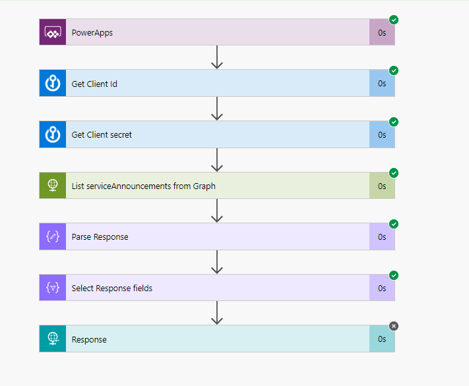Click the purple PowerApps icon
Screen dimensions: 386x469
click(53, 32)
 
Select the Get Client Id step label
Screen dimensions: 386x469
click(94, 84)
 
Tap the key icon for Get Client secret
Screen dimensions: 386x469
click(53, 134)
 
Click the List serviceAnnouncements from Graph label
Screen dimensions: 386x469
click(143, 186)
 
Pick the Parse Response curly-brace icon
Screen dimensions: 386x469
click(53, 237)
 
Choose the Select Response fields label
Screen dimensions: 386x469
click(112, 288)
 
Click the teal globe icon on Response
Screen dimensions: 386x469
click(53, 339)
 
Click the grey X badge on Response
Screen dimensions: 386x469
click(394, 326)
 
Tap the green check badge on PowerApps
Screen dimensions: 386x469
click(394, 20)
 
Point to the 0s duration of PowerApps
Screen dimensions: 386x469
click(382, 32)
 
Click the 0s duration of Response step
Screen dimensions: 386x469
click(382, 339)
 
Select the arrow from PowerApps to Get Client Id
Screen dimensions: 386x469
click(217, 57)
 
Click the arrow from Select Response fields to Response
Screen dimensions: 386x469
click(217, 313)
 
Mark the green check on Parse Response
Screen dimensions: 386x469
click(394, 224)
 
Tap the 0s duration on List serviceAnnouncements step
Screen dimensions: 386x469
click(382, 186)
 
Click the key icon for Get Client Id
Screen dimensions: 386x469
click(53, 84)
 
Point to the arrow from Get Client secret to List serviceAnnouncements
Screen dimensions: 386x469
click(217, 159)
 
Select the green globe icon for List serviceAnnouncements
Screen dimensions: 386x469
click(53, 186)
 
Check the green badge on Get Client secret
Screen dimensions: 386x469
click(394, 122)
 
